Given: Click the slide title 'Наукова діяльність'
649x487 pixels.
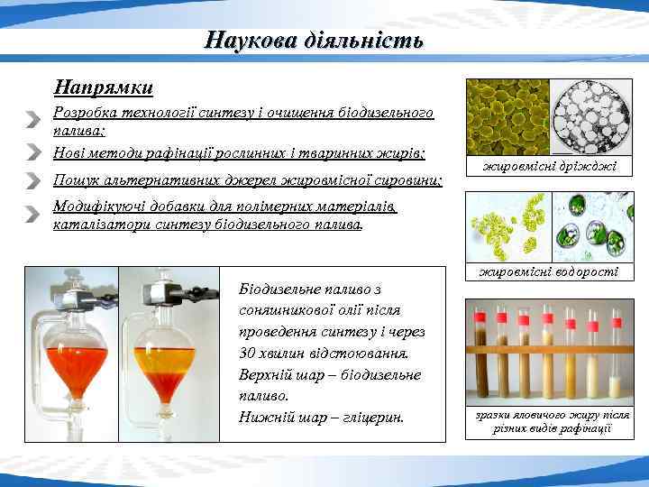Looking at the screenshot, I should point(314,41).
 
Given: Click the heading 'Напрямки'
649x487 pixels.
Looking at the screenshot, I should point(103,88).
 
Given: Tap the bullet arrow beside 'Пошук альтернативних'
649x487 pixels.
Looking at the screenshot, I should point(33,179).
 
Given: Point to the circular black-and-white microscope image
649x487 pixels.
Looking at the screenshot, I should point(592,118).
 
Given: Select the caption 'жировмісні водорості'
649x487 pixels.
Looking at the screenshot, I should point(549,271).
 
